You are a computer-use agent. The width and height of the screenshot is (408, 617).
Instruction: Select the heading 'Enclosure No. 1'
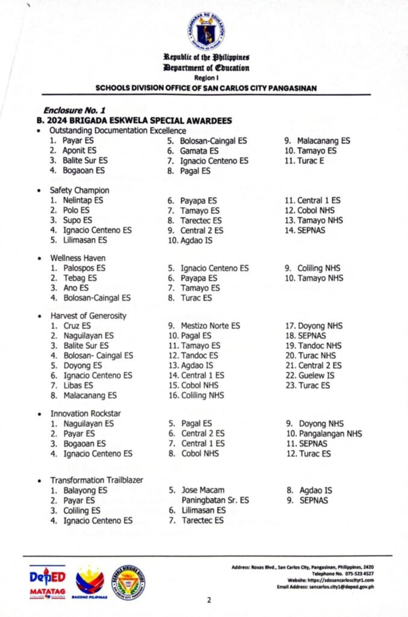tap(75, 111)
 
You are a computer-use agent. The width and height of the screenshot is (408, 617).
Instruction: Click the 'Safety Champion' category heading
tap(80, 190)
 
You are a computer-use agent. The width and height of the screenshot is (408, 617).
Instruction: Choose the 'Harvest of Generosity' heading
tap(88, 316)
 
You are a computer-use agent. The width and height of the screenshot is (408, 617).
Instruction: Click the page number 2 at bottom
tap(208, 600)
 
